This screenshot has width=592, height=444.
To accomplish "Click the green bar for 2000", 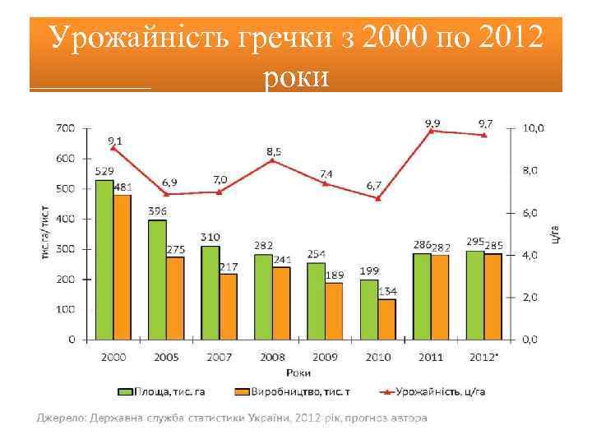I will [x=104, y=259].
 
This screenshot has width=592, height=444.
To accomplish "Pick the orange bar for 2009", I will [x=334, y=311].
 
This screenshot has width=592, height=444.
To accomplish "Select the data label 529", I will [x=104, y=171].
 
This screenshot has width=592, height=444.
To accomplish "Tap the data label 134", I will [x=386, y=291].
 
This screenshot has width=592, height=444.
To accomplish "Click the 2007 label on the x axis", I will [x=219, y=358].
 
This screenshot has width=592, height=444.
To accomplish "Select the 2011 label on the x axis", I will [x=431, y=358].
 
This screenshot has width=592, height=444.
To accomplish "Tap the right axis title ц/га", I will [x=557, y=234].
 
